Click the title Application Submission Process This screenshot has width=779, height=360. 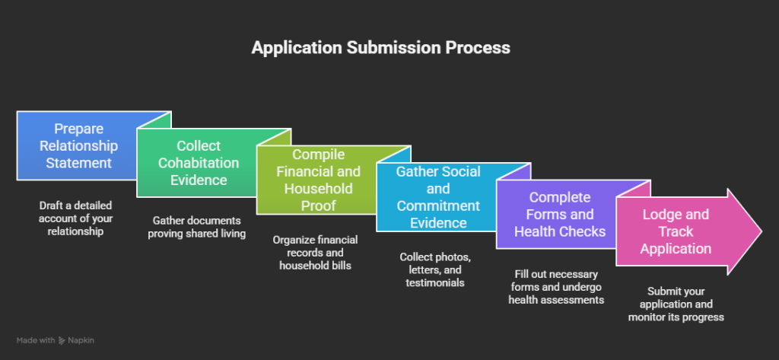tap(380, 47)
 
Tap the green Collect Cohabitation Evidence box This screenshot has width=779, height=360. tap(198, 162)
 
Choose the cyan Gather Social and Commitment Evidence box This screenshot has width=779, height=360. tap(437, 197)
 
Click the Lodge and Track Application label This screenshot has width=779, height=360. tap(675, 231)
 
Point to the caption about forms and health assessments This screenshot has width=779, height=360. tap(556, 287)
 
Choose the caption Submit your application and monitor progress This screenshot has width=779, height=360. tap(676, 304)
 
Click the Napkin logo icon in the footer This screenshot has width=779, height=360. tap(62, 341)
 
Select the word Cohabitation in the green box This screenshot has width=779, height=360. tap(198, 163)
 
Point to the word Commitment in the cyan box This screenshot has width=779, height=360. tap(437, 205)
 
